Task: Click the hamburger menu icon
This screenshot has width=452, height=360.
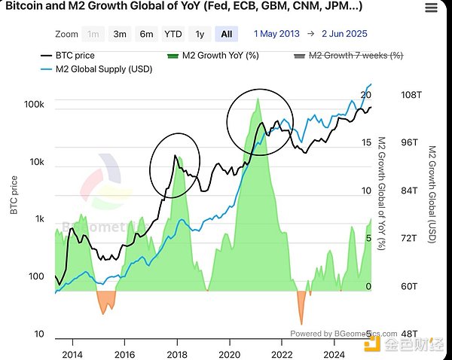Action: [x=430, y=8]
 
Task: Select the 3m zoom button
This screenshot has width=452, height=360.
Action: [x=120, y=34]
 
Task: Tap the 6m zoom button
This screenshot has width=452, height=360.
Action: [x=146, y=34]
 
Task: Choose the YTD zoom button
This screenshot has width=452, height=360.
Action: [x=173, y=34]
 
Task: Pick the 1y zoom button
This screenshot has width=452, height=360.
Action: [x=200, y=34]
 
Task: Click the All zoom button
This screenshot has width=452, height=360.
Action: [x=226, y=34]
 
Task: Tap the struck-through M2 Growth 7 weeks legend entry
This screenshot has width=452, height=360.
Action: [x=355, y=56]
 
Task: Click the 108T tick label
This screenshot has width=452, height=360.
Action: [x=410, y=96]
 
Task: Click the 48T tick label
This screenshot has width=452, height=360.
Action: [x=408, y=334]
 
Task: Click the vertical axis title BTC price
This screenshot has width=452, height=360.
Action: [x=13, y=195]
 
